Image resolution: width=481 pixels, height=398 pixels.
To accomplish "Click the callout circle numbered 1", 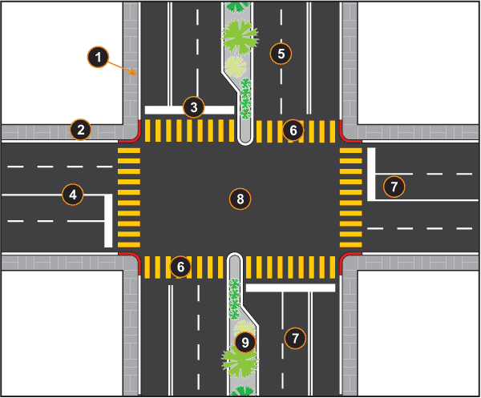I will click(97, 57).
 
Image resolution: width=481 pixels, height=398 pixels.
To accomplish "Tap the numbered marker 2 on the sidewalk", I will click(79, 128).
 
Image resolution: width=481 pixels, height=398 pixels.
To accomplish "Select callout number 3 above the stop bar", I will click(192, 106).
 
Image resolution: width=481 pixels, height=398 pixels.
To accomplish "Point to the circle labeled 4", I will click(72, 193).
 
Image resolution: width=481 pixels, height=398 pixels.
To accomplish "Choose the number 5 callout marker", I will click(280, 53).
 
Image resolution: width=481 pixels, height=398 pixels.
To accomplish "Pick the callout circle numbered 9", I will click(245, 343).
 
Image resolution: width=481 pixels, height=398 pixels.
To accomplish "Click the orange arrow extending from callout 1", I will click(124, 69).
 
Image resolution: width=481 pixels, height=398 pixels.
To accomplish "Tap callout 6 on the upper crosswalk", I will click(293, 129).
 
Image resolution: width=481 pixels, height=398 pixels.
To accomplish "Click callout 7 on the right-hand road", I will click(393, 187).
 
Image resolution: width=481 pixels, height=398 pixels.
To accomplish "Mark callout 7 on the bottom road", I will click(295, 338).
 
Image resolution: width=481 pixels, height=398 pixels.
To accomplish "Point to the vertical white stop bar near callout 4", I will click(107, 220).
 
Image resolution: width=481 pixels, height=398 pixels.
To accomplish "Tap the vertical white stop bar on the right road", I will click(371, 174).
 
